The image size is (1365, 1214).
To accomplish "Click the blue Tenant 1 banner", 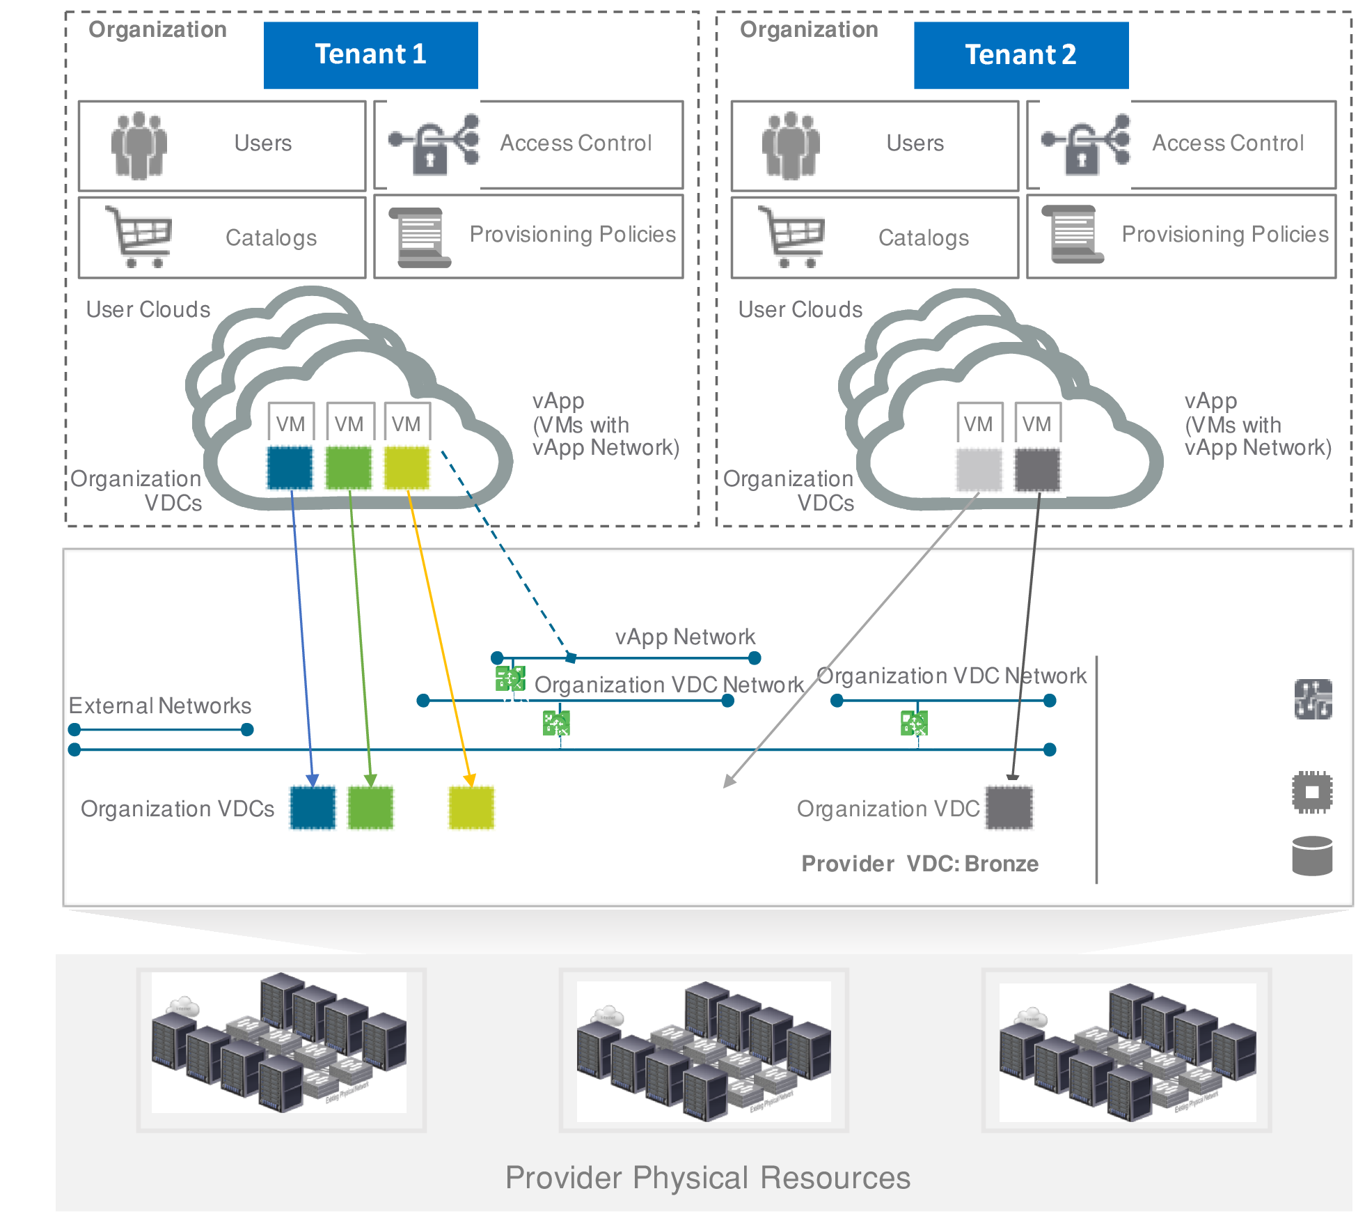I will point(370,55).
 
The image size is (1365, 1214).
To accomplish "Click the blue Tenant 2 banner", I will point(1020,55).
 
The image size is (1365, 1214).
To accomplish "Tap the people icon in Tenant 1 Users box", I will point(139,145).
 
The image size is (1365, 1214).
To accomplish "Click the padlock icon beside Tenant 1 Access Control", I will point(430,155).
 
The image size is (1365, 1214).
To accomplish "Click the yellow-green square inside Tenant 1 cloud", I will point(407,468).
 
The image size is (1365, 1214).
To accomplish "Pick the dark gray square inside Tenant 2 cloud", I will point(1037,469).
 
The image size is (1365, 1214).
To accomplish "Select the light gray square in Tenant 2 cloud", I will point(979,469).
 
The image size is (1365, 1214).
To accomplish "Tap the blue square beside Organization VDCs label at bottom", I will point(313,808).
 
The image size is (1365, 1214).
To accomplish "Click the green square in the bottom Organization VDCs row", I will point(370,808).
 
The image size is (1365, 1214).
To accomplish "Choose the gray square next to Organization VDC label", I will point(1009,808).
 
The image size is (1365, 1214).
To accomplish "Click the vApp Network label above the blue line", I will point(685,637).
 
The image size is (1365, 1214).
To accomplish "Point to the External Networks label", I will point(160,706).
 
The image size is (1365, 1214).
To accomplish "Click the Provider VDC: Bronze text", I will point(920,864).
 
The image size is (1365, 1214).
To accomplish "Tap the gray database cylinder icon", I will point(1312,856).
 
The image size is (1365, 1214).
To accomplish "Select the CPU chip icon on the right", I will point(1312,792).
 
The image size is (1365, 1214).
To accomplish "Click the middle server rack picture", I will point(704,1050).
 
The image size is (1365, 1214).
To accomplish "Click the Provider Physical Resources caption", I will point(707,1178).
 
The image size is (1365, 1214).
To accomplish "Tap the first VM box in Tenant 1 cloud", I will point(290,423).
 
